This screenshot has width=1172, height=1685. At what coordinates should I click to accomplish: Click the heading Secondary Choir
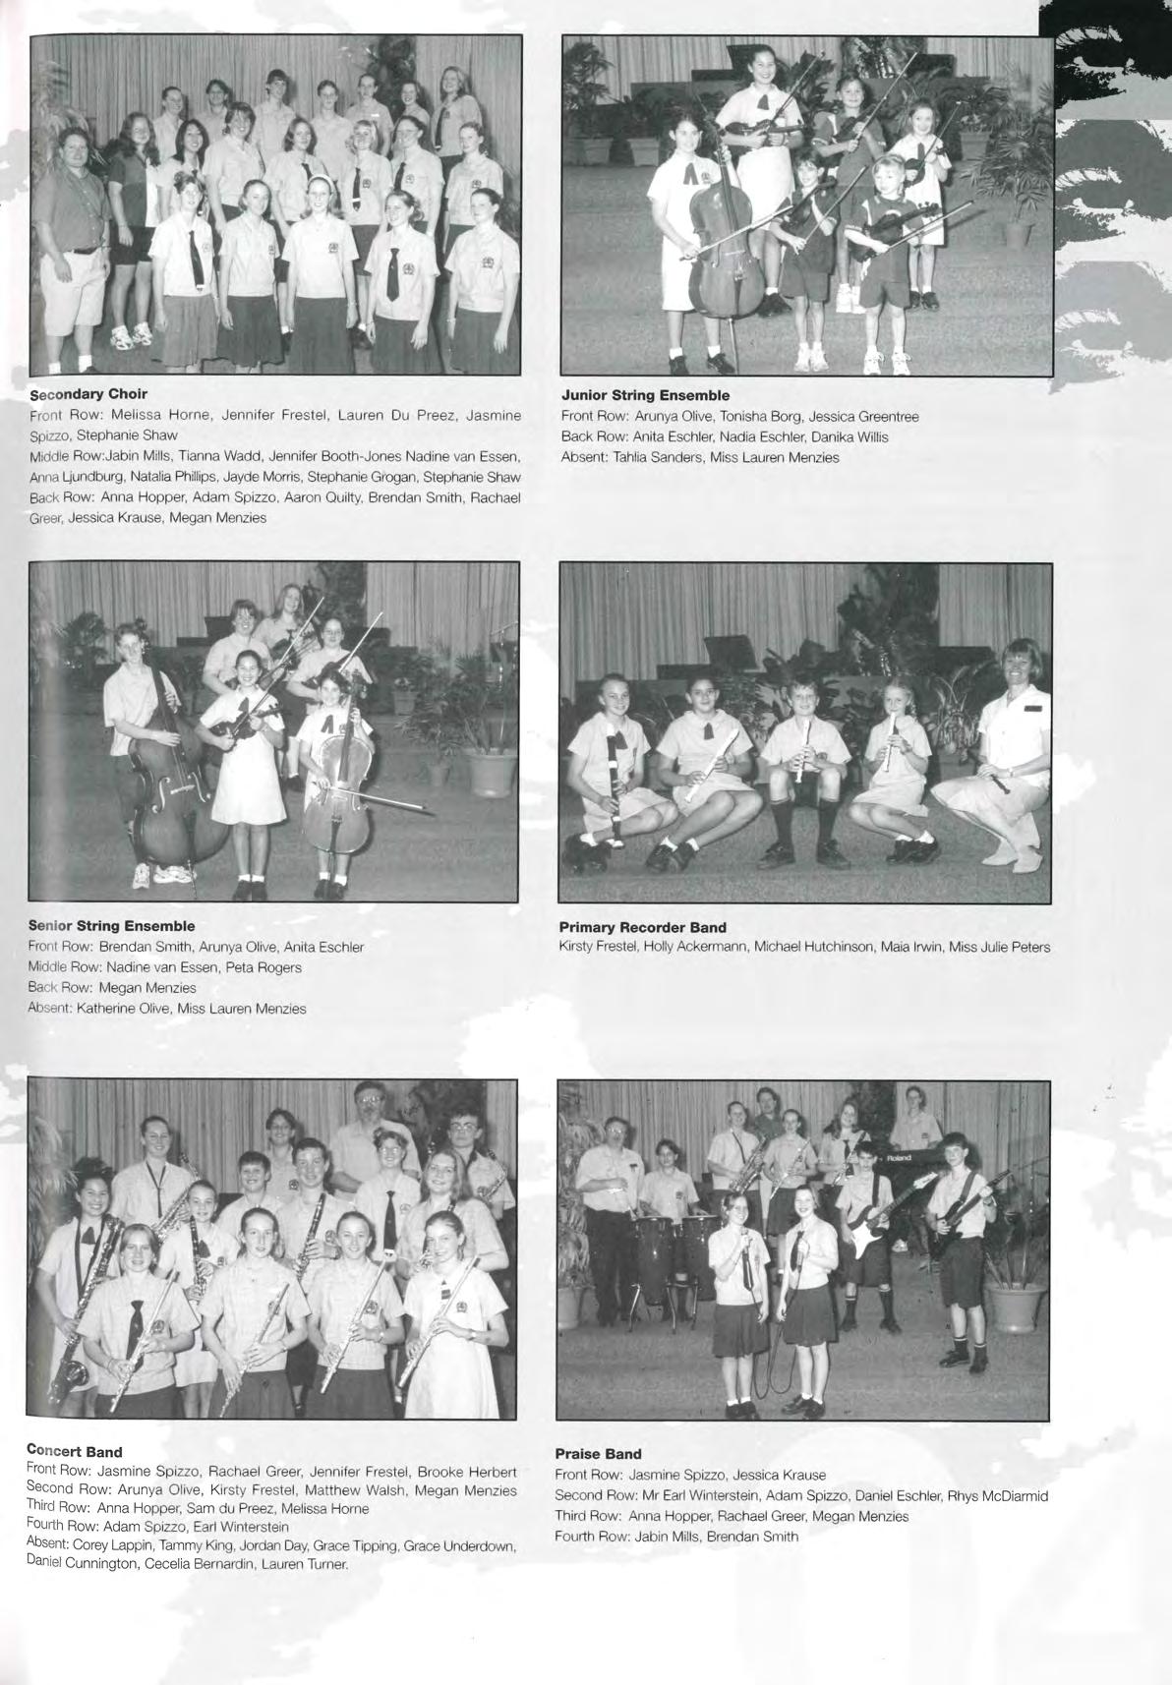point(88,394)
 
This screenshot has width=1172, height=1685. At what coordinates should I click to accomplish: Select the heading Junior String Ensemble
point(645,395)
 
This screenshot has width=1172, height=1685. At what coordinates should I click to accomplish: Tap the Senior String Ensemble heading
point(111,926)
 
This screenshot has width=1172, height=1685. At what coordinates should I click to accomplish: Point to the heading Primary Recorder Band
point(642,927)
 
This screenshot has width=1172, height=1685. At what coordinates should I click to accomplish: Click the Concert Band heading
point(75,1451)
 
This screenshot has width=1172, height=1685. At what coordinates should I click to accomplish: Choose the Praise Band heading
point(598,1453)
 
